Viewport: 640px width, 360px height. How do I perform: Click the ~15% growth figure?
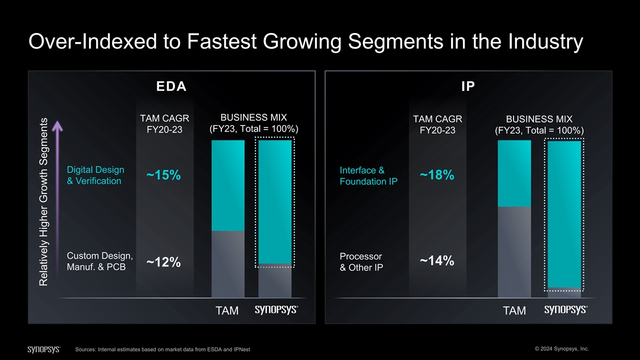(x=164, y=175)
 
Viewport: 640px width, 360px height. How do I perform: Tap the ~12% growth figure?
(x=164, y=262)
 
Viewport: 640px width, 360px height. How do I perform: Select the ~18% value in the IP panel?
(x=437, y=175)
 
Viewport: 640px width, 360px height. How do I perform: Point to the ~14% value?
(x=437, y=261)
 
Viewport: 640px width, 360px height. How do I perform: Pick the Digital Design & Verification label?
(x=94, y=175)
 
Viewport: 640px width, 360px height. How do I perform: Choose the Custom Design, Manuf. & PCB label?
(x=97, y=261)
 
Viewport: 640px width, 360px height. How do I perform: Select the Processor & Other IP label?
(x=361, y=262)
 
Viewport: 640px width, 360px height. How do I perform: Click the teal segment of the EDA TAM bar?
(x=228, y=186)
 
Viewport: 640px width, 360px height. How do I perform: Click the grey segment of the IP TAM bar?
(x=514, y=251)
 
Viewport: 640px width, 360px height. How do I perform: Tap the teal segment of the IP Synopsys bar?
(x=564, y=213)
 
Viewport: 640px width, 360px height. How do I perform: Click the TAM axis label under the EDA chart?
(x=227, y=311)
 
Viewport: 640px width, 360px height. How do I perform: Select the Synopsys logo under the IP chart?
(x=565, y=310)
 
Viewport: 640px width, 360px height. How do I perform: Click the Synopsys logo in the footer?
(x=44, y=349)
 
